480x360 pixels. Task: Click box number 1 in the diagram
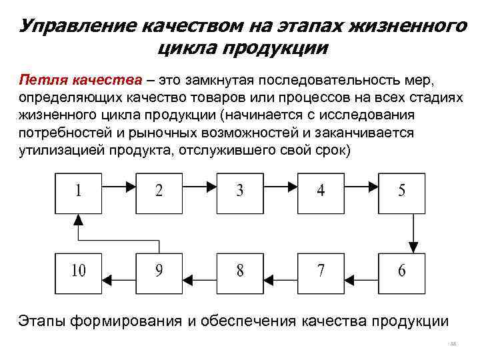pyautogui.click(x=79, y=191)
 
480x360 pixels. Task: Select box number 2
pyautogui.click(x=159, y=191)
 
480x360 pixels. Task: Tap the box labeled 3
pyautogui.click(x=240, y=191)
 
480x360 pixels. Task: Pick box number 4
pyautogui.click(x=321, y=191)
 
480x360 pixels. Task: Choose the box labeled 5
pyautogui.click(x=401, y=191)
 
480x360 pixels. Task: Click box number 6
pyautogui.click(x=401, y=271)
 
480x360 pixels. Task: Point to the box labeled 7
pyautogui.click(x=321, y=271)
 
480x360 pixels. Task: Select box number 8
pyautogui.click(x=240, y=271)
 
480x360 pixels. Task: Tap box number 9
pyautogui.click(x=159, y=271)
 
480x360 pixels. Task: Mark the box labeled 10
pyautogui.click(x=79, y=271)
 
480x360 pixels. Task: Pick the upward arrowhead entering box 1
pyautogui.click(x=79, y=218)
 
